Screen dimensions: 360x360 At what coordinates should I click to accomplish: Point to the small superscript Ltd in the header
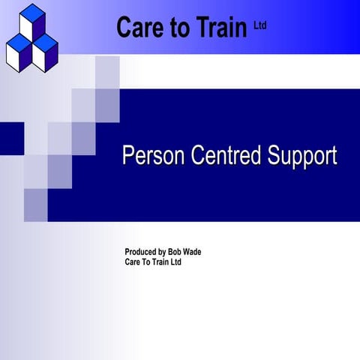click(260, 25)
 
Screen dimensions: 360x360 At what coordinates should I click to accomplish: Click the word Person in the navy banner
click(154, 156)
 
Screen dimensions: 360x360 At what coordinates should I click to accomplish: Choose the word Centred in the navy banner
click(223, 156)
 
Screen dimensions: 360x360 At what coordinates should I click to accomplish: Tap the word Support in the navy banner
click(299, 157)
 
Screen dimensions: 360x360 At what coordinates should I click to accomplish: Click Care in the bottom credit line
click(133, 262)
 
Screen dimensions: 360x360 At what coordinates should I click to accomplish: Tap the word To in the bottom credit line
click(150, 262)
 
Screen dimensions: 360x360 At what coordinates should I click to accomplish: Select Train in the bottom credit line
click(166, 262)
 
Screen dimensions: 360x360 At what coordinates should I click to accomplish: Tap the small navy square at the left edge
click(11, 136)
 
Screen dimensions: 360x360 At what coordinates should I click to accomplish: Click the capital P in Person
click(127, 156)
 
